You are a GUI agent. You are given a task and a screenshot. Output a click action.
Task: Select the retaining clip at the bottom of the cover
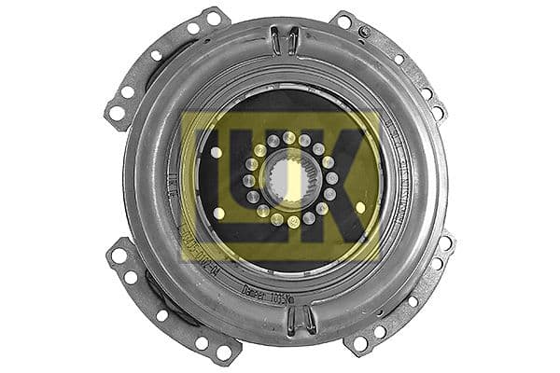300,319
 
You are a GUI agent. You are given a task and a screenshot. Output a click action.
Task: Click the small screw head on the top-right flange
364,32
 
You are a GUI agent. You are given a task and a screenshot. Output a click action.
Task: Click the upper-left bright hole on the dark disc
217,152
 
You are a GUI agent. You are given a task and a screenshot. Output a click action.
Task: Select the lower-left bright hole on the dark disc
219,213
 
